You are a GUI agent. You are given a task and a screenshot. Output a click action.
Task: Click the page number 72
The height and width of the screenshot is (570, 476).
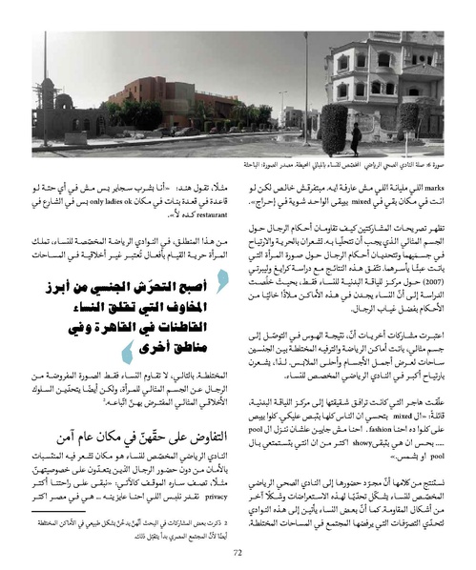click(238, 549)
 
